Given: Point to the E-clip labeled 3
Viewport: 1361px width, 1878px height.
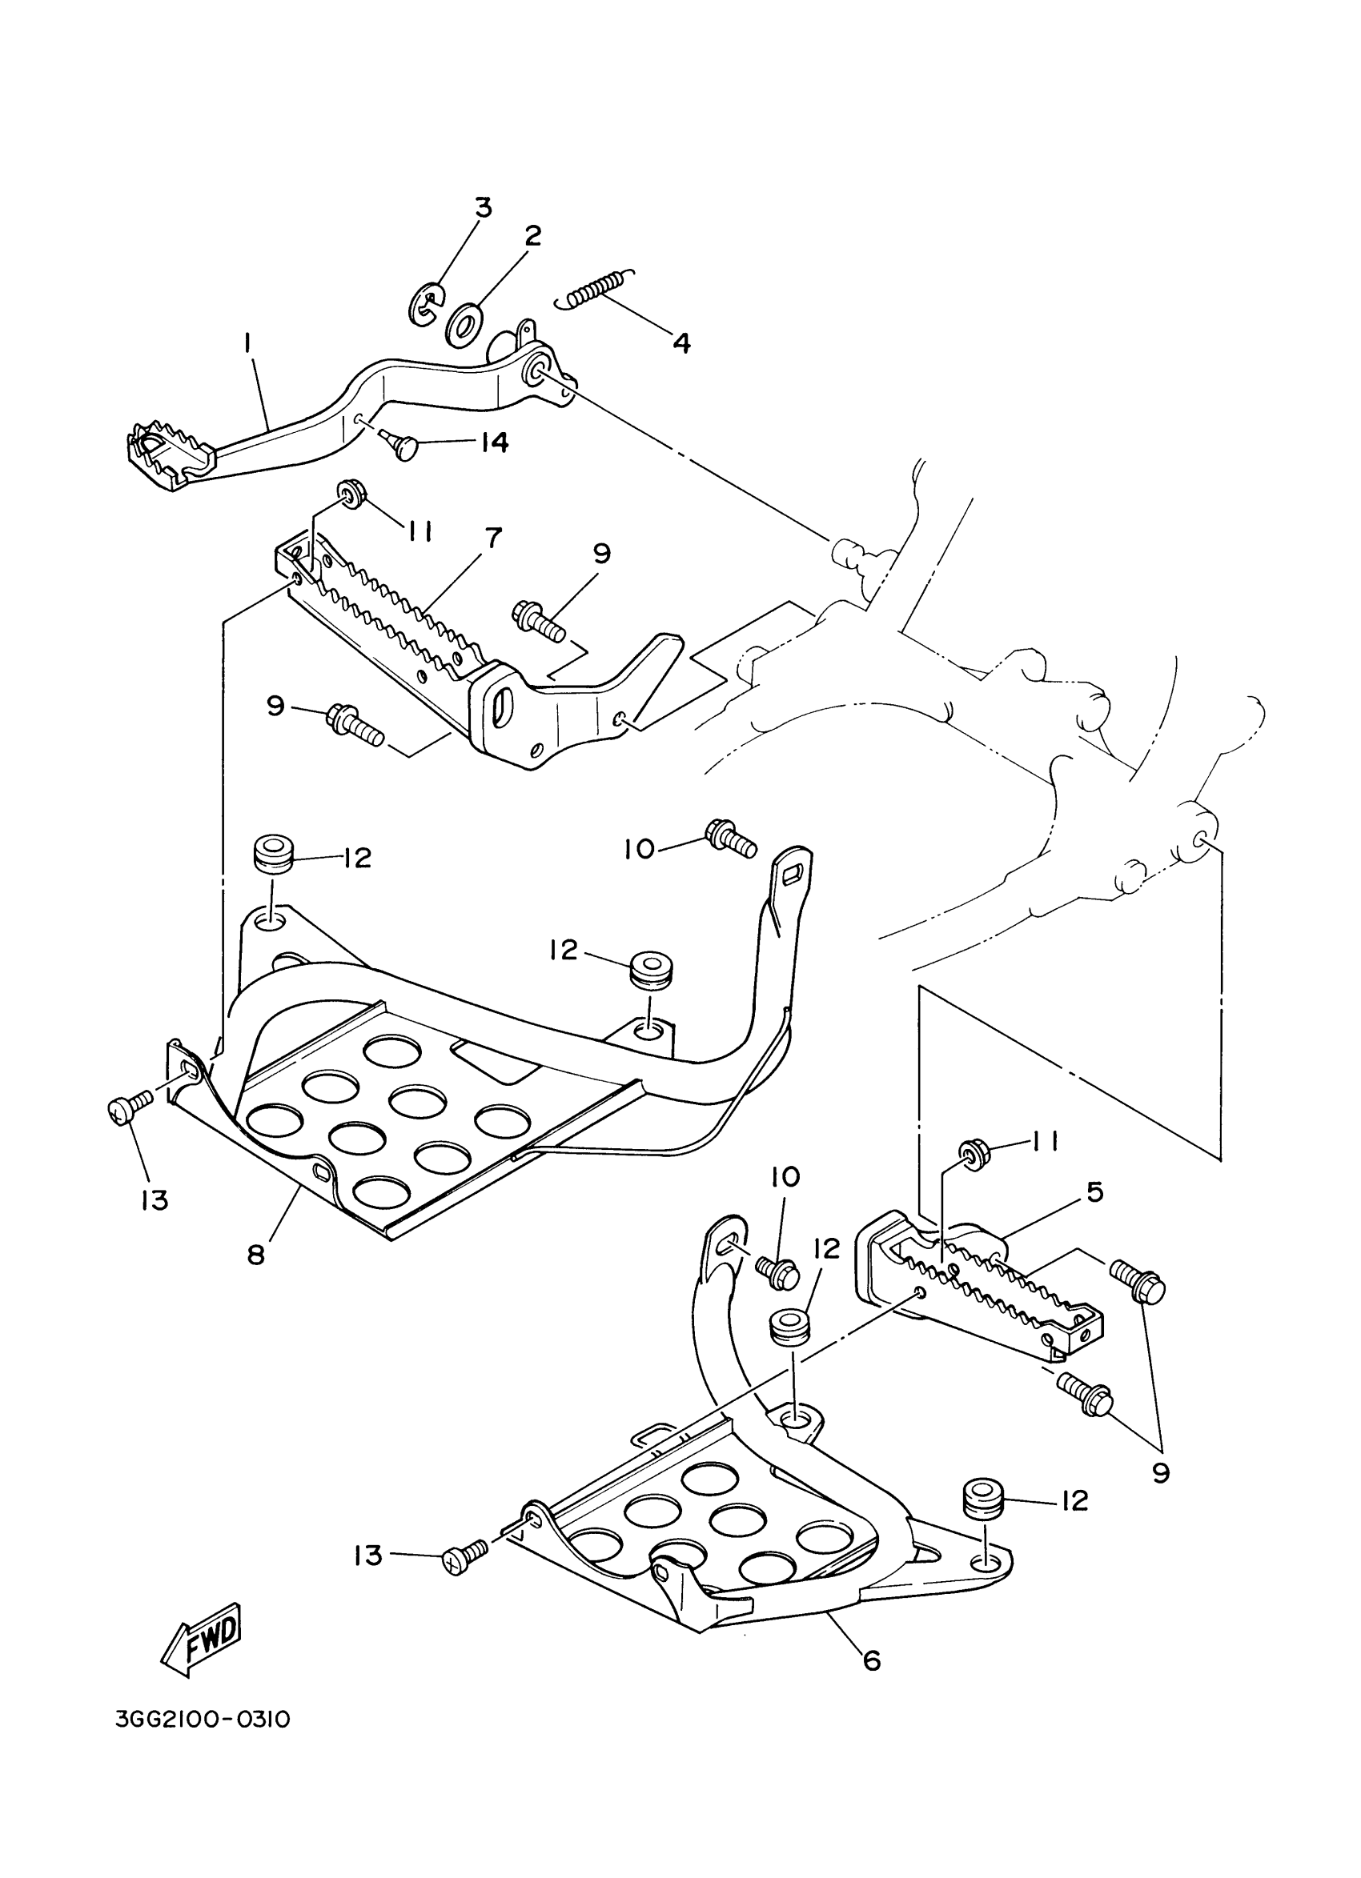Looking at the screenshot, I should (x=428, y=305).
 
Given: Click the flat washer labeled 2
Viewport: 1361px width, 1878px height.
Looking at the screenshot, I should (x=464, y=326).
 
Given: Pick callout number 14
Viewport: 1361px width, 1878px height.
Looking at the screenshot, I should (x=494, y=442).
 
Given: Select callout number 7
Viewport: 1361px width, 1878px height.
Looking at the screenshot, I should (x=493, y=538).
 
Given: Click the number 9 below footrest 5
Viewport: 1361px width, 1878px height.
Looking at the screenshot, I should (x=1161, y=1472).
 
